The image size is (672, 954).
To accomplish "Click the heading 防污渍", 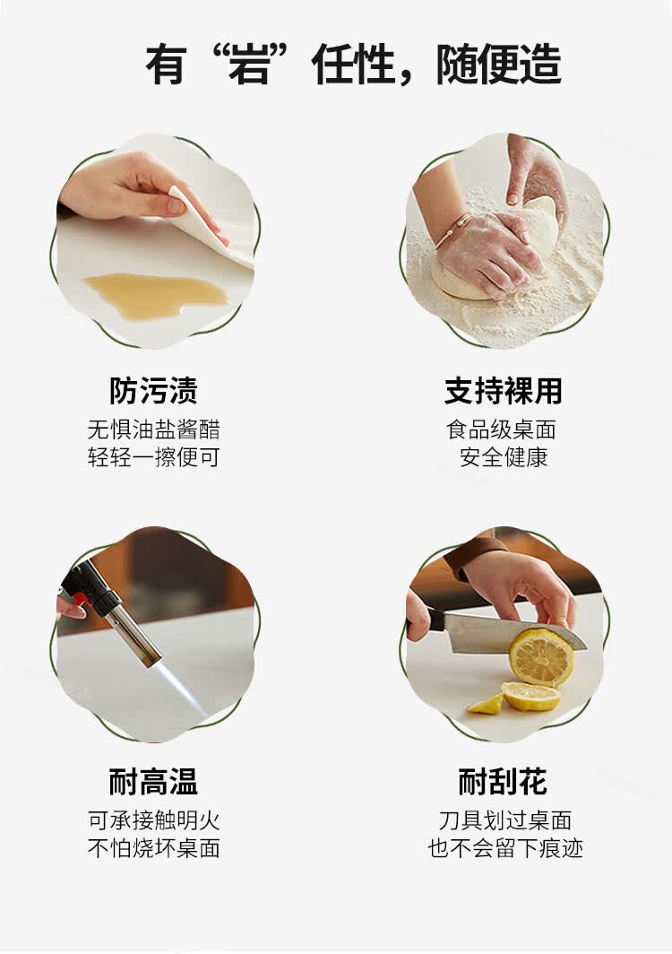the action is click(153, 391).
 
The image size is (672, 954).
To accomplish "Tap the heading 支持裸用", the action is click(503, 391).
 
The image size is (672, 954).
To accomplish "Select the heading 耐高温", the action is click(153, 781).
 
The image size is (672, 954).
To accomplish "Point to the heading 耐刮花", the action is click(503, 781).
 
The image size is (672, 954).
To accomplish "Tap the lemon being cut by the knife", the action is click(540, 658).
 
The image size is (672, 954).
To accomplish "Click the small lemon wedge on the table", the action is click(486, 705).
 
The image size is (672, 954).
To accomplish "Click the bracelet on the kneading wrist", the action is click(452, 230).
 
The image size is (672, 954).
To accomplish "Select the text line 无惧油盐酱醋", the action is click(153, 430).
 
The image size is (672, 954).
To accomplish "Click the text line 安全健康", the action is click(504, 457).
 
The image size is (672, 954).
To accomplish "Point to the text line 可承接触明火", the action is click(153, 820).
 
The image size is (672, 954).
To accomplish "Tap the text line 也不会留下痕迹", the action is click(504, 848).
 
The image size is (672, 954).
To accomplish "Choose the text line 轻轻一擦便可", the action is click(153, 457).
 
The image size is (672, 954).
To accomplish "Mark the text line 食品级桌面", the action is click(501, 430).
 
